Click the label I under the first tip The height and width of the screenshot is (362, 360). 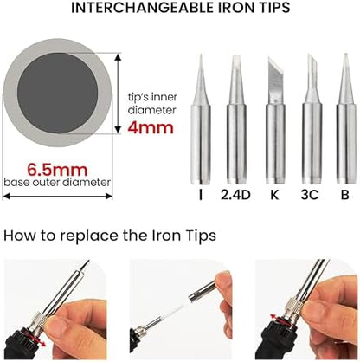pyautogui.click(x=201, y=195)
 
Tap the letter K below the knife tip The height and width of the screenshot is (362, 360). pyautogui.click(x=274, y=195)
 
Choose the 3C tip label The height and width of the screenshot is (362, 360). pyautogui.click(x=310, y=195)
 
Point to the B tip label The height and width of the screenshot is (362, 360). pyautogui.click(x=345, y=195)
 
